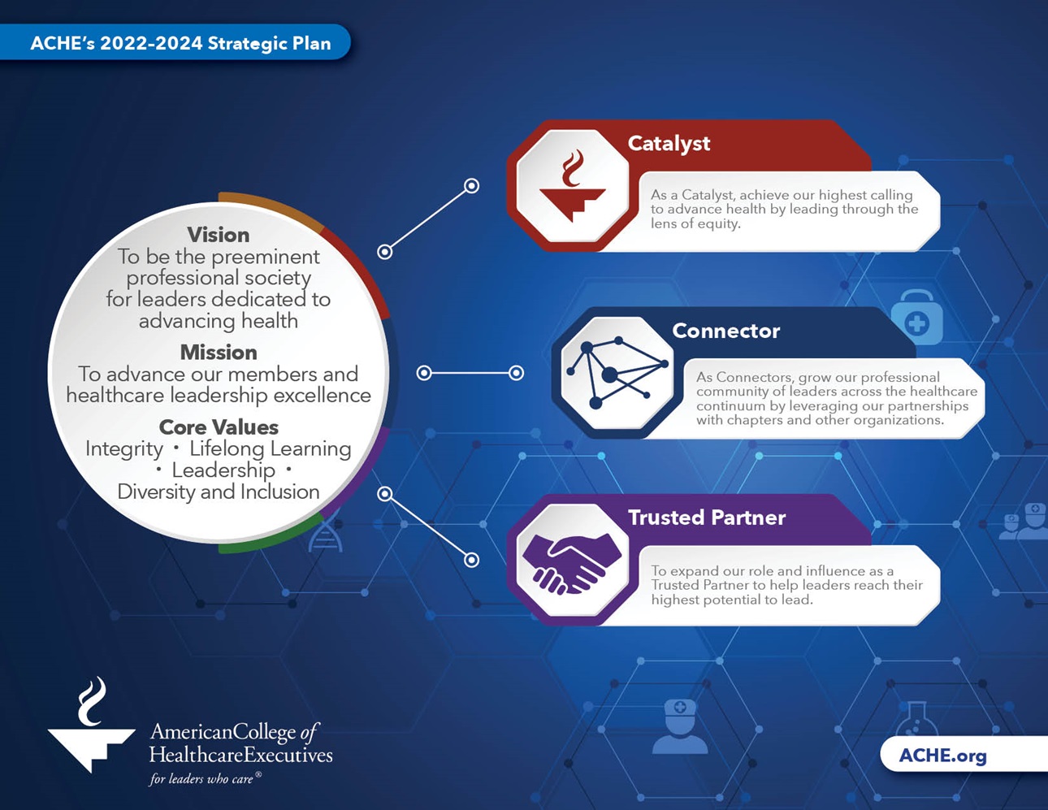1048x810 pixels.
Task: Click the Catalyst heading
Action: (669, 144)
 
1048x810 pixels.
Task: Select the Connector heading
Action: (725, 331)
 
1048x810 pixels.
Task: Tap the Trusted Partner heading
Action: (707, 518)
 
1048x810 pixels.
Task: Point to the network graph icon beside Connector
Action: (617, 373)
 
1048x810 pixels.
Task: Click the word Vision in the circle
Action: (219, 235)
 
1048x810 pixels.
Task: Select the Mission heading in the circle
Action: (219, 353)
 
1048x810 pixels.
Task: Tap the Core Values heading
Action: (219, 427)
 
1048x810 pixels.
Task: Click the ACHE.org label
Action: (942, 755)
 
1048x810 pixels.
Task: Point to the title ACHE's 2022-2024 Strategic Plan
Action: (181, 43)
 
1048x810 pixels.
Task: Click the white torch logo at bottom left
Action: (92, 725)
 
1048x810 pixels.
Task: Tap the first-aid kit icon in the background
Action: (917, 317)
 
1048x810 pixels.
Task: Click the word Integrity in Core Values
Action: (124, 449)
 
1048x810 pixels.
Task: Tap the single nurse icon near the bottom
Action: (679, 726)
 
